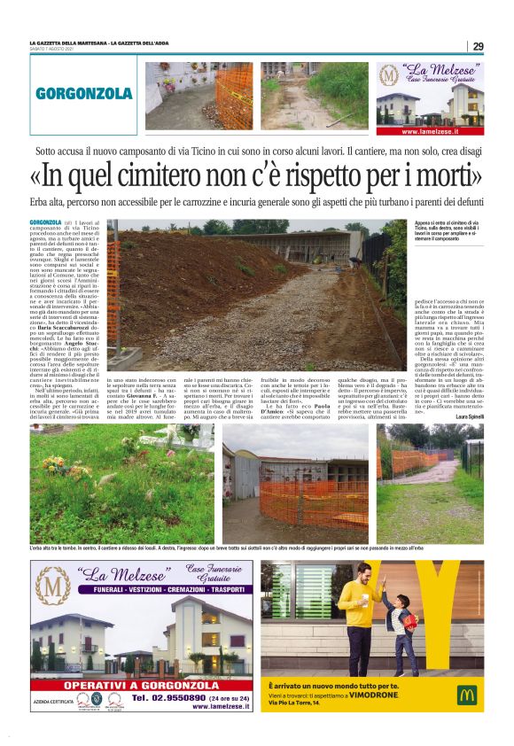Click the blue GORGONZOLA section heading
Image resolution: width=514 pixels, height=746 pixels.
pyautogui.click(x=84, y=94)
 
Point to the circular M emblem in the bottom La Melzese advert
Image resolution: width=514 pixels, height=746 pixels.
pyautogui.click(x=51, y=587)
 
